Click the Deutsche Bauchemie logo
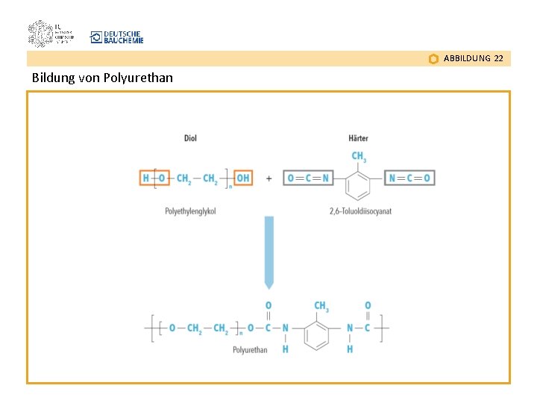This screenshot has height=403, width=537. click(116, 37)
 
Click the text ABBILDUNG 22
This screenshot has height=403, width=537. click(473, 58)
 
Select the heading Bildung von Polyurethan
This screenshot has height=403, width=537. click(102, 78)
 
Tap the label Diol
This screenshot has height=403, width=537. click(190, 138)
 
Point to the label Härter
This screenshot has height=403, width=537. click(358, 138)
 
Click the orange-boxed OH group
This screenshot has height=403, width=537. click(243, 178)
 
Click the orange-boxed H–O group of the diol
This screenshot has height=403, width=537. click(153, 178)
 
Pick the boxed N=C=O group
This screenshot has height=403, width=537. click(410, 178)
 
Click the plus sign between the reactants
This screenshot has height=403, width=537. click(268, 178)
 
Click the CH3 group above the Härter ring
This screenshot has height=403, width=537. click(359, 157)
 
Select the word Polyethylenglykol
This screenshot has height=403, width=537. click(190, 211)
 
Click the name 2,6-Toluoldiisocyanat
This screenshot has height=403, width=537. click(360, 211)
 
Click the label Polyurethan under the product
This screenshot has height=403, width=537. click(250, 349)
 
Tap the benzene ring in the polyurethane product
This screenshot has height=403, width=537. click(318, 334)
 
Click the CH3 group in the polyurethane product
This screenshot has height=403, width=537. click(321, 306)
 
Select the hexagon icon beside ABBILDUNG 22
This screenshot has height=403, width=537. click(433, 59)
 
